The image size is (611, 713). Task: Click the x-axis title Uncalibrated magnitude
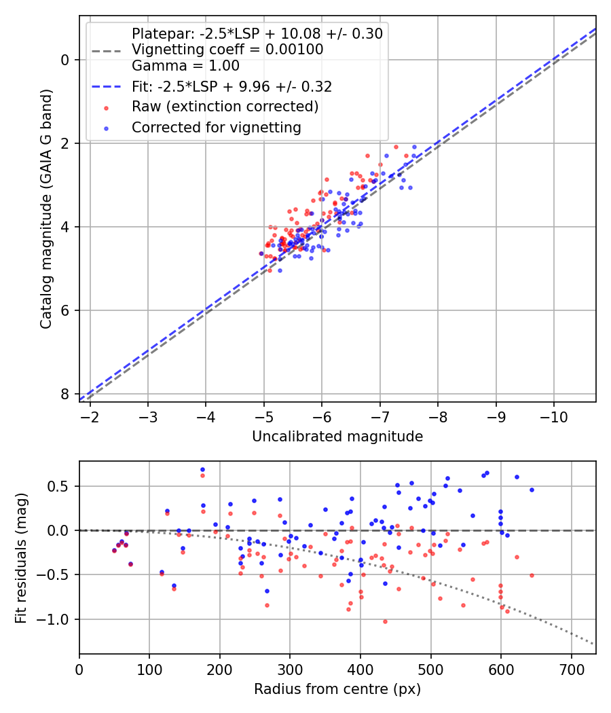(x=337, y=437)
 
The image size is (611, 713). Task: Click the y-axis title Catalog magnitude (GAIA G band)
(x=45, y=209)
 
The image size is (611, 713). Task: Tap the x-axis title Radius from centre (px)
(x=337, y=689)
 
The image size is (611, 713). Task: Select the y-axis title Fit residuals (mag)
(x=21, y=558)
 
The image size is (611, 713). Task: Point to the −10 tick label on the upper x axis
(x=554, y=417)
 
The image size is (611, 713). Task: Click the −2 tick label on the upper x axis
(x=90, y=417)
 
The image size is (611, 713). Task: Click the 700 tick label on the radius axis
(x=571, y=670)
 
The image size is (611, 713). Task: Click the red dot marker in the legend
(x=107, y=108)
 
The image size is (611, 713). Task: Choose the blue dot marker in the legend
(x=107, y=129)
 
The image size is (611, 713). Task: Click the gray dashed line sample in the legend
(x=107, y=51)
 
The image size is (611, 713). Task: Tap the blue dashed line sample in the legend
(x=107, y=86)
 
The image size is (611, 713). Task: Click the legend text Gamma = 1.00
(x=185, y=66)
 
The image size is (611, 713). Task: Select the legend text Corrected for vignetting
(x=217, y=128)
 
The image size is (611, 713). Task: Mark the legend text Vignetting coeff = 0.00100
(x=227, y=50)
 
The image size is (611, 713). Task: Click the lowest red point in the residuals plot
(x=385, y=621)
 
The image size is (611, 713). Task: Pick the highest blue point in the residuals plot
(x=203, y=470)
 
